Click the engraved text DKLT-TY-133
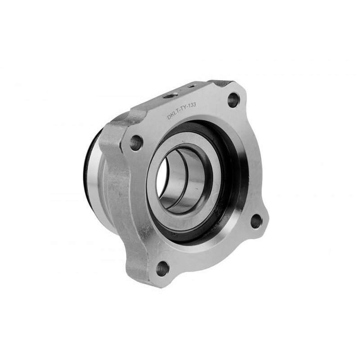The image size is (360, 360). (181, 111)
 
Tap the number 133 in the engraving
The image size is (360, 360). (192, 106)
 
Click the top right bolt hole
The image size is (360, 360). (234, 99)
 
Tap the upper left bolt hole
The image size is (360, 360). (136, 143)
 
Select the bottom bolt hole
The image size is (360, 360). (162, 269)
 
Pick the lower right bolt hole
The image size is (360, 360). (256, 221)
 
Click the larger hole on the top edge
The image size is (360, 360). (172, 95)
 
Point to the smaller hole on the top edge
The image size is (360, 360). (191, 86)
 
